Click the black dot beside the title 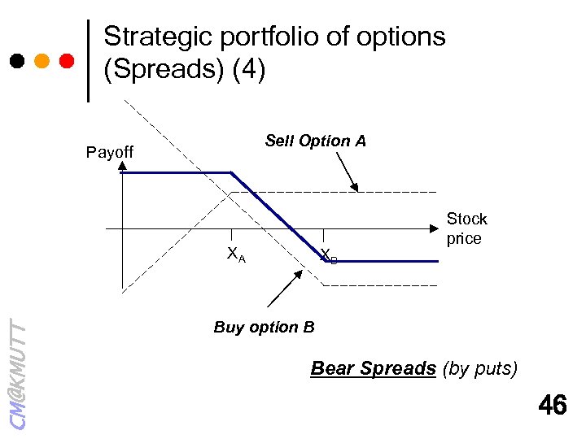pos(16,61)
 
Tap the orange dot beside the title pos(42,61)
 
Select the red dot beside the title pos(67,61)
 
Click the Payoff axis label pos(110,152)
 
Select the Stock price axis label pos(466,228)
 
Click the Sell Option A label pos(316,141)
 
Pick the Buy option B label pos(264,328)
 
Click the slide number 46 pos(553,405)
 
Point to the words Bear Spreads pos(374,368)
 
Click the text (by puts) pos(479,368)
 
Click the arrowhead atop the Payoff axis pos(122,166)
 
